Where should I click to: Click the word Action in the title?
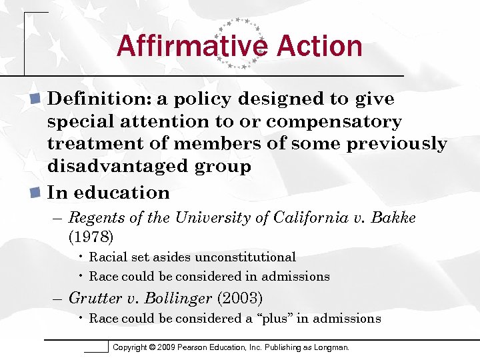click(317, 46)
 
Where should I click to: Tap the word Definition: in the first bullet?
click(99, 99)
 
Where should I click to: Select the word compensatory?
click(335, 121)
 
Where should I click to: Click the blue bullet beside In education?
click(37, 193)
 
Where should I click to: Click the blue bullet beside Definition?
click(37, 99)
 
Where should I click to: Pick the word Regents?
click(94, 218)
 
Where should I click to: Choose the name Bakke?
click(394, 218)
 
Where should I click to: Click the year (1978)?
click(91, 237)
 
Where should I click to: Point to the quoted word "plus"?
click(273, 319)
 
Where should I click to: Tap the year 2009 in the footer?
click(177, 347)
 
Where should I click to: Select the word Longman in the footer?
click(331, 347)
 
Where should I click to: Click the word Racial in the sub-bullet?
click(107, 257)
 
